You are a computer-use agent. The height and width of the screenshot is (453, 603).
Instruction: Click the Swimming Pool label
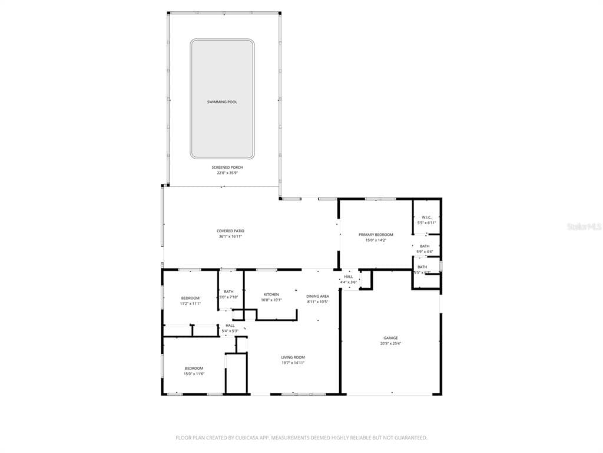pyautogui.click(x=222, y=102)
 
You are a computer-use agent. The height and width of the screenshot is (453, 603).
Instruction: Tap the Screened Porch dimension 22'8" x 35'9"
pyautogui.click(x=227, y=173)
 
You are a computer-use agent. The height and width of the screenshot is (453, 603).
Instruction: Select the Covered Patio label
pyautogui.click(x=230, y=231)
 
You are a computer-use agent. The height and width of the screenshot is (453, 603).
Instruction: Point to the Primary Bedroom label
pyautogui.click(x=376, y=235)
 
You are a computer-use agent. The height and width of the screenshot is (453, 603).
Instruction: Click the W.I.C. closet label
pyautogui.click(x=426, y=217)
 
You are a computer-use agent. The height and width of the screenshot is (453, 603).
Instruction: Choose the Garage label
pyautogui.click(x=390, y=338)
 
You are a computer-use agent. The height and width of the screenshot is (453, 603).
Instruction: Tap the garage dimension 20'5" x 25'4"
pyautogui.click(x=390, y=344)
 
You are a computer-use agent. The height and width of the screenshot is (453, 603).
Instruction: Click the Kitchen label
pyautogui.click(x=271, y=294)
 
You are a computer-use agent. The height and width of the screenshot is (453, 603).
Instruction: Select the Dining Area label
pyautogui.click(x=317, y=296)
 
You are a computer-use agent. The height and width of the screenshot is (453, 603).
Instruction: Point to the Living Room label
pyautogui.click(x=293, y=357)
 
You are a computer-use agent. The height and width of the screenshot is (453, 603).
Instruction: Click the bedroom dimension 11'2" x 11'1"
pyautogui.click(x=190, y=304)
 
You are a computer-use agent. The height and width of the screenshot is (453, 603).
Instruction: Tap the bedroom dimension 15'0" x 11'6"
pyautogui.click(x=193, y=374)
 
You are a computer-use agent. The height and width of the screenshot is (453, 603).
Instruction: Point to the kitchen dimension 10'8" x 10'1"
pyautogui.click(x=271, y=300)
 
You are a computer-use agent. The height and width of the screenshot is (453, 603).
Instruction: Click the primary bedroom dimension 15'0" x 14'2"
pyautogui.click(x=376, y=241)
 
